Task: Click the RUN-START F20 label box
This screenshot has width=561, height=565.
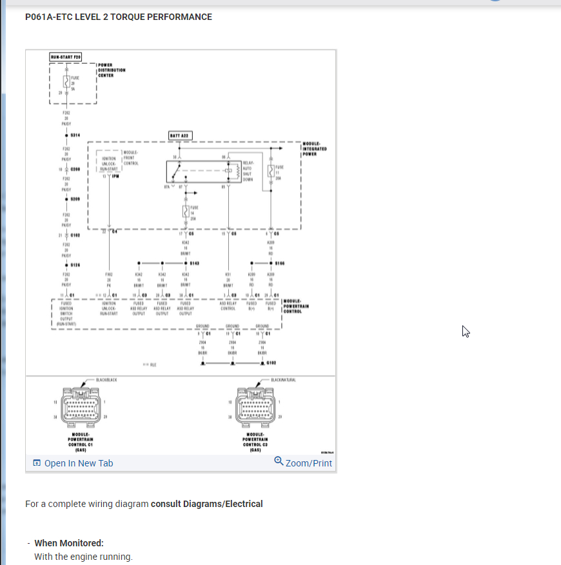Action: pyautogui.click(x=66, y=57)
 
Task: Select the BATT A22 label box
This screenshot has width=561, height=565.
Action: pyautogui.click(x=178, y=134)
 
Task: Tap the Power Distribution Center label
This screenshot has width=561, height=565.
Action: pyautogui.click(x=111, y=70)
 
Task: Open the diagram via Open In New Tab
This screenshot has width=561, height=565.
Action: pyautogui.click(x=73, y=463)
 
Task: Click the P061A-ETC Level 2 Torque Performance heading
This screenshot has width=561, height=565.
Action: pyautogui.click(x=119, y=17)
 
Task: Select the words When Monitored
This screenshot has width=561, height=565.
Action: pyautogui.click(x=69, y=543)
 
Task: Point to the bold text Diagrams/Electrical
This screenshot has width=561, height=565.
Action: pyautogui.click(x=206, y=504)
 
